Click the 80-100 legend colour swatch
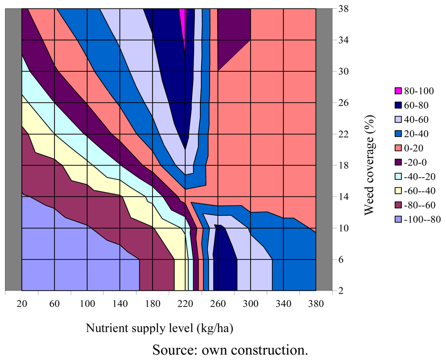pos(398,91)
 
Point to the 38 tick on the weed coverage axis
pos(343,8)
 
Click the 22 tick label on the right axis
pos(343,134)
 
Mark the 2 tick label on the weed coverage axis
pos(341,290)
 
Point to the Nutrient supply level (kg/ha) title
pos(159,328)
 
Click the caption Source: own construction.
pos(230,348)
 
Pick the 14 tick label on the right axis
pos(343,196)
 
